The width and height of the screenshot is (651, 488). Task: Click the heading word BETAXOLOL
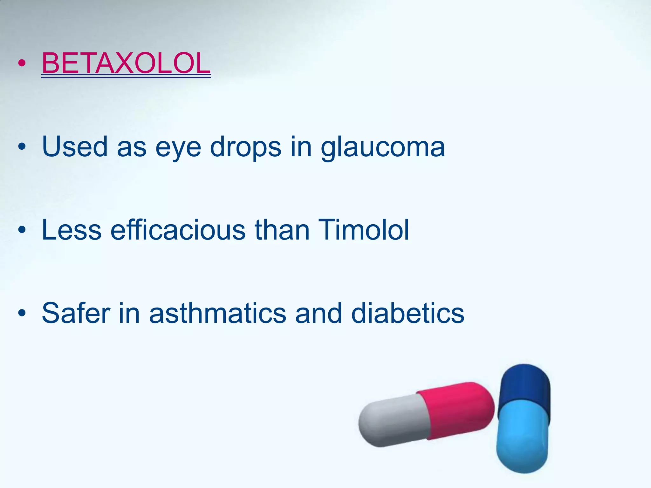(126, 63)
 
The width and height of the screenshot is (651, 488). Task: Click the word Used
(75, 146)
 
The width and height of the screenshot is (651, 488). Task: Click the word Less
(72, 230)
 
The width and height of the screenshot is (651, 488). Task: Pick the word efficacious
(178, 230)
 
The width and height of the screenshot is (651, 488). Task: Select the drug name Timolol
(363, 230)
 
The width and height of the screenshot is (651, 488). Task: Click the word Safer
(76, 313)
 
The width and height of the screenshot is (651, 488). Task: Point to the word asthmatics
(218, 313)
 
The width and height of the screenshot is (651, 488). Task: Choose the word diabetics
(408, 313)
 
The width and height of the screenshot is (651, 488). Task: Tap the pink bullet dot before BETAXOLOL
(22, 63)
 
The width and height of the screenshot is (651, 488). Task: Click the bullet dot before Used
(22, 147)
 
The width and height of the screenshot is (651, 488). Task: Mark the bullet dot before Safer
(22, 313)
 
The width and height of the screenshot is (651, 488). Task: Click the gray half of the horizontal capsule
(393, 421)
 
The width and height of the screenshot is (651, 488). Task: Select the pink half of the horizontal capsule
(458, 410)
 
